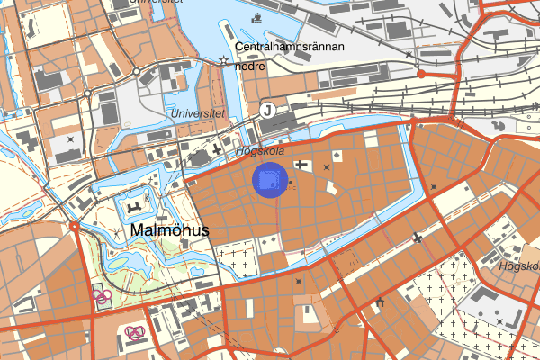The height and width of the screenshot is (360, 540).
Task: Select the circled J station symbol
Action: click(266, 110)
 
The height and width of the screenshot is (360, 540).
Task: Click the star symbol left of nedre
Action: click(223, 60)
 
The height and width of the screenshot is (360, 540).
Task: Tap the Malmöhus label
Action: click(169, 230)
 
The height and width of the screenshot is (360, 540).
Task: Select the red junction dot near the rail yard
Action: click(421, 74)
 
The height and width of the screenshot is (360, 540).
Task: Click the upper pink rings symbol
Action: click(102, 294)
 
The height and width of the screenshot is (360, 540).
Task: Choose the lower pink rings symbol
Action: click(136, 332)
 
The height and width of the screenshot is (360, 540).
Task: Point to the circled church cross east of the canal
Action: click(417, 238)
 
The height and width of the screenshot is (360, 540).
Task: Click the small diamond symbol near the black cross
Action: click(337, 157)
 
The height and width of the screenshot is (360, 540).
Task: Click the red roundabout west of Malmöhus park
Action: click(72, 226)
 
